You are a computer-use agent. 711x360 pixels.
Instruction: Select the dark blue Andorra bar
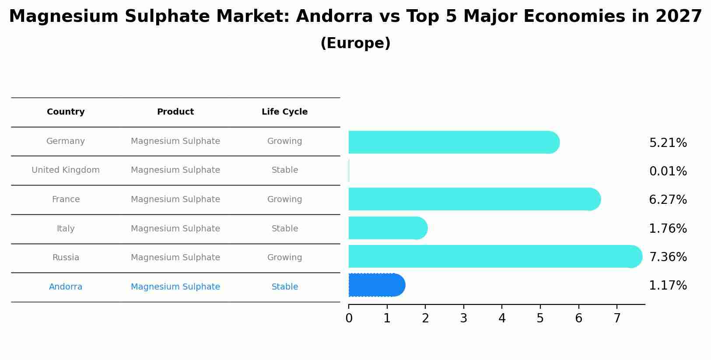pyautogui.click(x=376, y=285)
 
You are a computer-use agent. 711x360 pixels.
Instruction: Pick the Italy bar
pyautogui.click(x=387, y=228)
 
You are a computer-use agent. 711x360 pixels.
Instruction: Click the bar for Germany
pyautogui.click(x=453, y=142)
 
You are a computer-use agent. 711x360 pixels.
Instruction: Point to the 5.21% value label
pyautogui.click(x=668, y=143)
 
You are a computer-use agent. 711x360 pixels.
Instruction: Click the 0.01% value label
pyautogui.click(x=668, y=171)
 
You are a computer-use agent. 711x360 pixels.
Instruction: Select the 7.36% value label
pyautogui.click(x=668, y=257)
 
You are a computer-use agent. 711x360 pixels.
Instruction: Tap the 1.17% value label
pyautogui.click(x=668, y=286)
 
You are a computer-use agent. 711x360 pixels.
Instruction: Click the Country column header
pyautogui.click(x=66, y=112)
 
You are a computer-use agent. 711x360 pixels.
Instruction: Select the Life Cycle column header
pyautogui.click(x=284, y=112)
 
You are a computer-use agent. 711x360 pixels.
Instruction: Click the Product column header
pyautogui.click(x=175, y=112)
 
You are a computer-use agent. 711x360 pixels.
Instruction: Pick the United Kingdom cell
pyautogui.click(x=66, y=170)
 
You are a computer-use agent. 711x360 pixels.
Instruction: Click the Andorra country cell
pyautogui.click(x=66, y=287)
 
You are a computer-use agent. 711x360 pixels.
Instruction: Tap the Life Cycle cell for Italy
pyautogui.click(x=284, y=229)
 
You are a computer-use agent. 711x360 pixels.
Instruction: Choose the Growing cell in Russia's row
pyautogui.click(x=284, y=258)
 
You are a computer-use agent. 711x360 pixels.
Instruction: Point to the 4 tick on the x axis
pyautogui.click(x=502, y=318)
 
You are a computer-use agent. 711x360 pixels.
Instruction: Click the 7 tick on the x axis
pyautogui.click(x=617, y=318)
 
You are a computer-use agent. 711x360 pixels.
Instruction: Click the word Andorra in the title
pyautogui.click(x=334, y=17)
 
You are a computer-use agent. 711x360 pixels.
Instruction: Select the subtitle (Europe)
pyautogui.click(x=355, y=43)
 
